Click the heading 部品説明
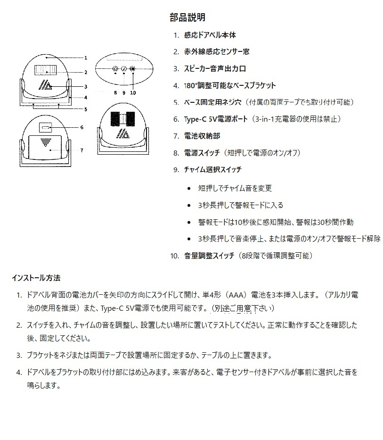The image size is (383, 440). tap(187, 18)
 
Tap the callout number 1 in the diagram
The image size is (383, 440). tap(86, 58)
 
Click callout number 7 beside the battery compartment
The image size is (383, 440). tap(81, 150)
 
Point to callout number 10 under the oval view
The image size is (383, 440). tap(133, 93)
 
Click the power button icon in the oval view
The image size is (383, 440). tap(115, 69)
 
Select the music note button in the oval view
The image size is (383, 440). tap(123, 69)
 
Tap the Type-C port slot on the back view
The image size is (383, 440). tap(46, 128)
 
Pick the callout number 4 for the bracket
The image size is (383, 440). tap(86, 98)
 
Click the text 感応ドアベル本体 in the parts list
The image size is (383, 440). tap(210, 35)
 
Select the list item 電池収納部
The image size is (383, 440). tap(202, 136)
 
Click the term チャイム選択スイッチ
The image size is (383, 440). tap(213, 170)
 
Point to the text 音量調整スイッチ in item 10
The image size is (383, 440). tap(209, 256)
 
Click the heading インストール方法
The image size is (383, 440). tap(36, 278)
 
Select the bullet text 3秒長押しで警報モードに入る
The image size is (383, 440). tap(241, 205)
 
